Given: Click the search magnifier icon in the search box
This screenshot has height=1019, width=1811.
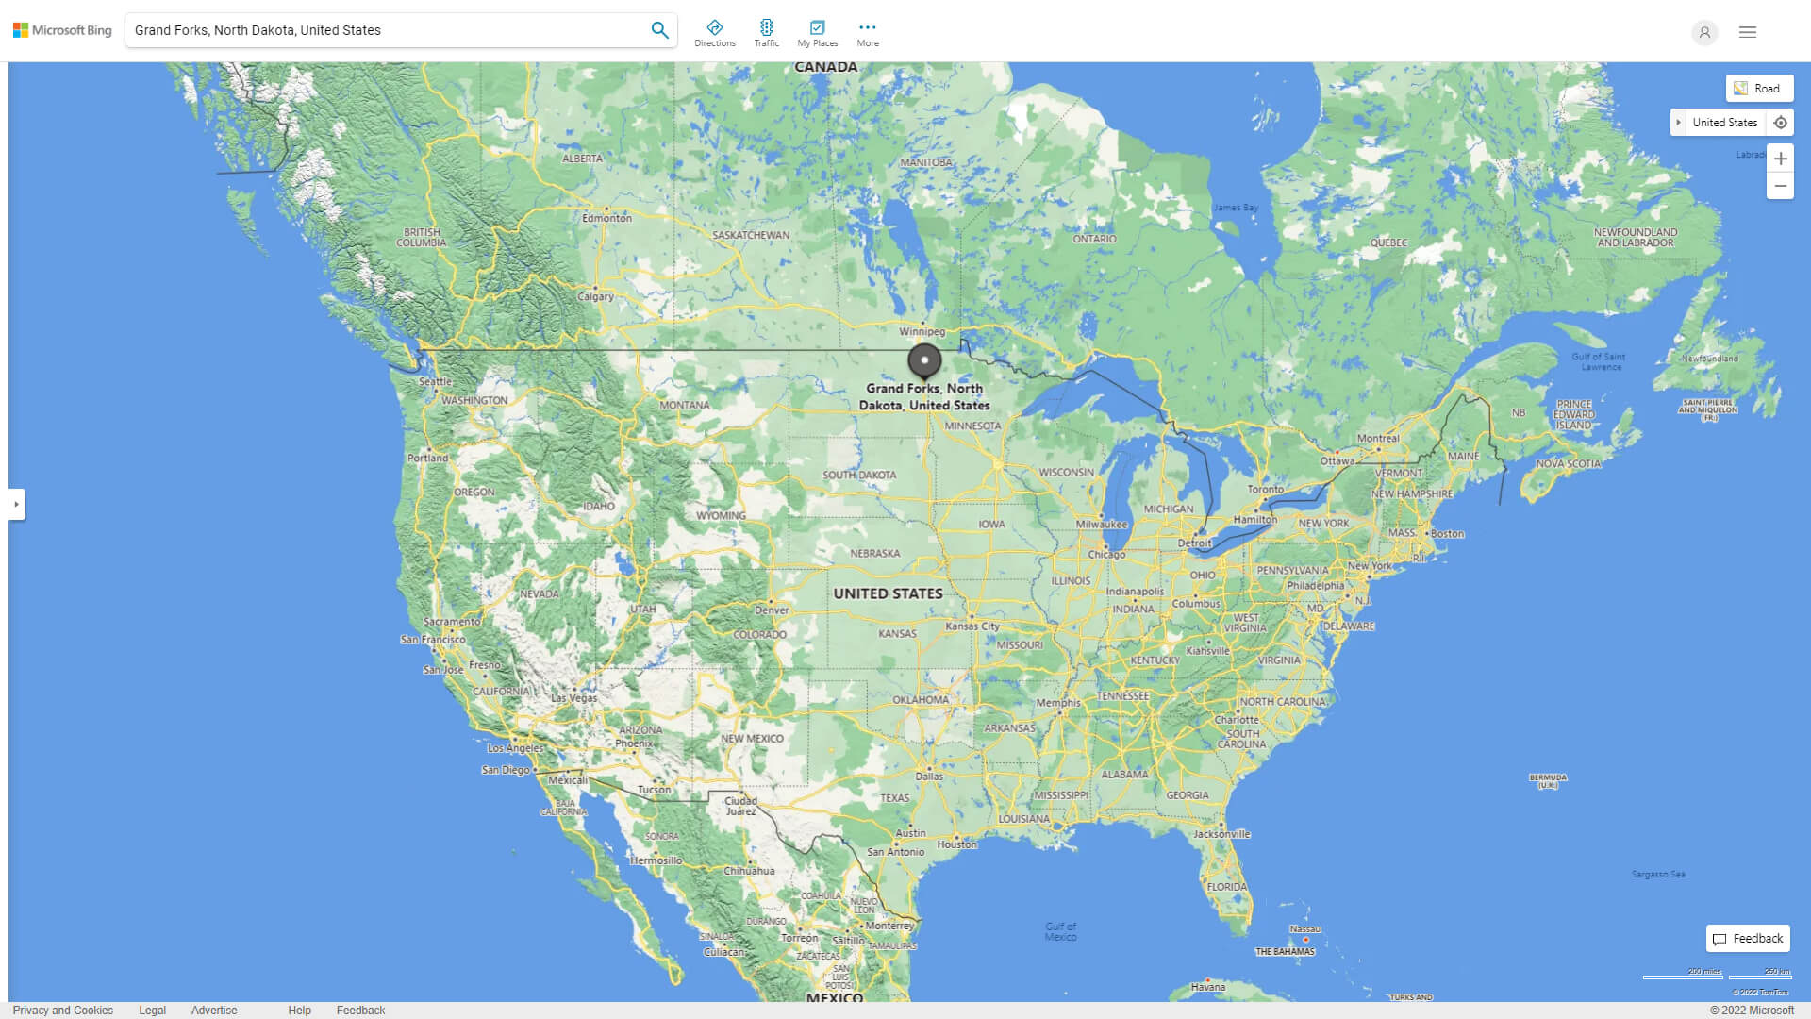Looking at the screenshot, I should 659,30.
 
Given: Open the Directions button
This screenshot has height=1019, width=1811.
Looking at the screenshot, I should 715,33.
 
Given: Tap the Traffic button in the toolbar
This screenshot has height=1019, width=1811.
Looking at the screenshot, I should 767,33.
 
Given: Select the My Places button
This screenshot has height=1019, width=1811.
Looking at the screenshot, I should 817,33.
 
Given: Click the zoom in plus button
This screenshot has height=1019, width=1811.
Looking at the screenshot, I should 1780,159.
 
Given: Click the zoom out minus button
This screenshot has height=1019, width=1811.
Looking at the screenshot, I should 1780,186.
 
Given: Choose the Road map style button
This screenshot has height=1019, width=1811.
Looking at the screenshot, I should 1759,89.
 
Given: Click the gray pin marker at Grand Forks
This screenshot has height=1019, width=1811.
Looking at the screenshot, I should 924,360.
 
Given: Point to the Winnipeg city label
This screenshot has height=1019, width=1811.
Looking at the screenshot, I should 922,332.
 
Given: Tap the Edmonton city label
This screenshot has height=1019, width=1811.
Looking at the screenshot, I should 606,218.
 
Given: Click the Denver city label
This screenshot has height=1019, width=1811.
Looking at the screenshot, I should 772,610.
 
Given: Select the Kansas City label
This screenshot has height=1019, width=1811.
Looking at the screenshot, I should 972,626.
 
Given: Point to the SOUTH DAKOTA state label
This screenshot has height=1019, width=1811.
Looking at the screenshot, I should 859,476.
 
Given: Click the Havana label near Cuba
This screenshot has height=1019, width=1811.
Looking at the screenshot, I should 1208,987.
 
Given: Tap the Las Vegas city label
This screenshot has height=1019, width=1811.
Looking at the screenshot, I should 573,698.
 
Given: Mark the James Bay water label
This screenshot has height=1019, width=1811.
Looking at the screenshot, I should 1236,208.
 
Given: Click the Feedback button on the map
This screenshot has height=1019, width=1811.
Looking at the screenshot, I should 1748,939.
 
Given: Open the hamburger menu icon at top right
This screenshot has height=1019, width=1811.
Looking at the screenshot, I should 1748,32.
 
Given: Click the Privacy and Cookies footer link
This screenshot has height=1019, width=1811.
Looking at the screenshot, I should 63,1011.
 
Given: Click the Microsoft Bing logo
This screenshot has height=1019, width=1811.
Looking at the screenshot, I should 62,30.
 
